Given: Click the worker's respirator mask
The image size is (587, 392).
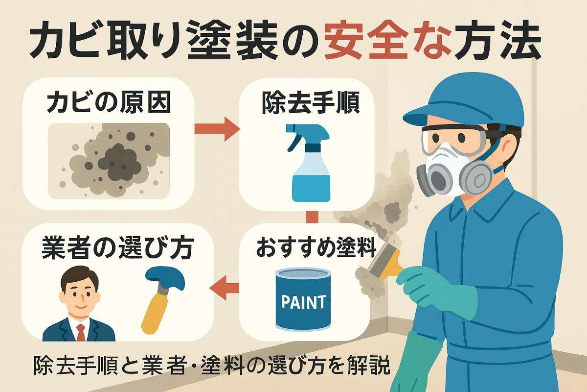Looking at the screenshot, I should (452, 171).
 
